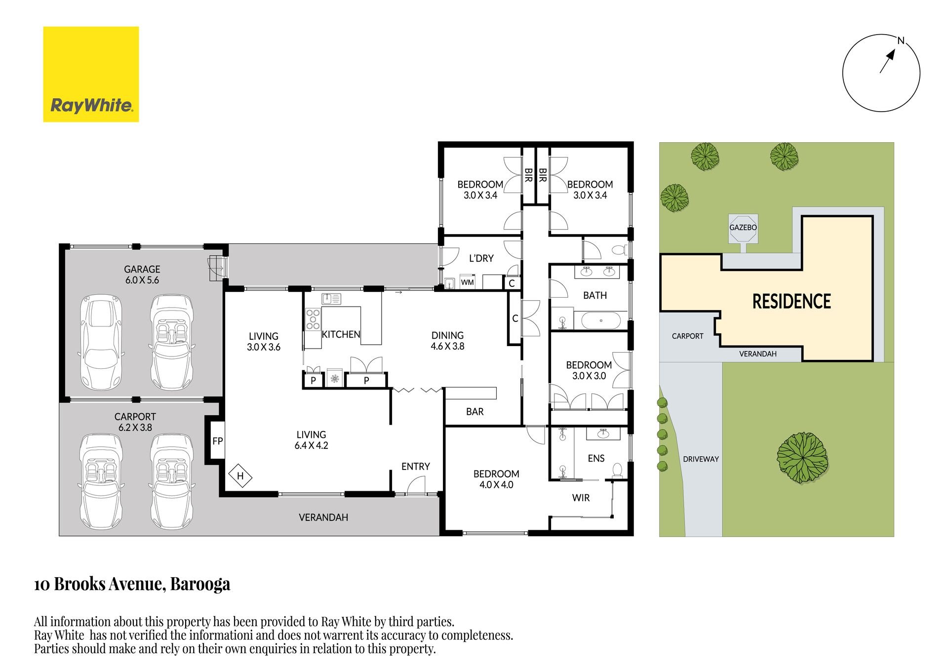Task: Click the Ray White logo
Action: [x=91, y=74]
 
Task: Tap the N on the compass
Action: [x=901, y=41]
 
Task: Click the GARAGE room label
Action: [x=142, y=269]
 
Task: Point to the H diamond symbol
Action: [x=240, y=476]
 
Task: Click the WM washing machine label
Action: [x=467, y=282]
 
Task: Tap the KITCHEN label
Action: [x=341, y=334]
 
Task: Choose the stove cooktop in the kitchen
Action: [x=313, y=319]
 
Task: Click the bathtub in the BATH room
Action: [x=601, y=320]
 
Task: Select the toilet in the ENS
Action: [x=617, y=470]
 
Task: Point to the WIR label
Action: [x=581, y=498]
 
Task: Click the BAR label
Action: [x=475, y=412]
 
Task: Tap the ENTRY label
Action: [x=415, y=467]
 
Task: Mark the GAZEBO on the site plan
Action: [x=743, y=228]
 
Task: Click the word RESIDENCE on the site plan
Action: [x=791, y=301]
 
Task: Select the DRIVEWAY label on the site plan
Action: [x=701, y=459]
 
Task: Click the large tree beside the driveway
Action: [x=802, y=458]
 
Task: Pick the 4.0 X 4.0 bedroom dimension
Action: [x=496, y=485]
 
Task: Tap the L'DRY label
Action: [x=481, y=258]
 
